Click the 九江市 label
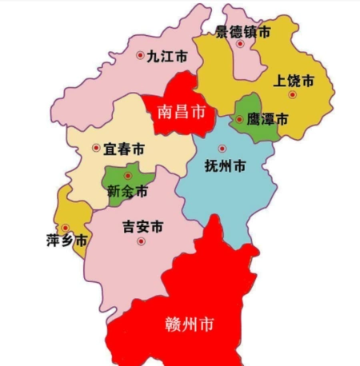(x=168, y=57)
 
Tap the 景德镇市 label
(x=243, y=32)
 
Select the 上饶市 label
(x=293, y=81)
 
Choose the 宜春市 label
(x=126, y=149)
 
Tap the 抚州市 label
(x=225, y=166)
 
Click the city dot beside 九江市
(x=141, y=55)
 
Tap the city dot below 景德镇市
(x=240, y=46)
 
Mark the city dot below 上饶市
(x=293, y=94)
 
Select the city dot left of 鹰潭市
(x=239, y=120)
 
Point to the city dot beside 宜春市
(x=96, y=148)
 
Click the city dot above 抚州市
(x=222, y=149)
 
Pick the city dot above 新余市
(x=126, y=175)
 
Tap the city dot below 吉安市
(x=142, y=241)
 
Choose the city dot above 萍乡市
(x=65, y=228)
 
